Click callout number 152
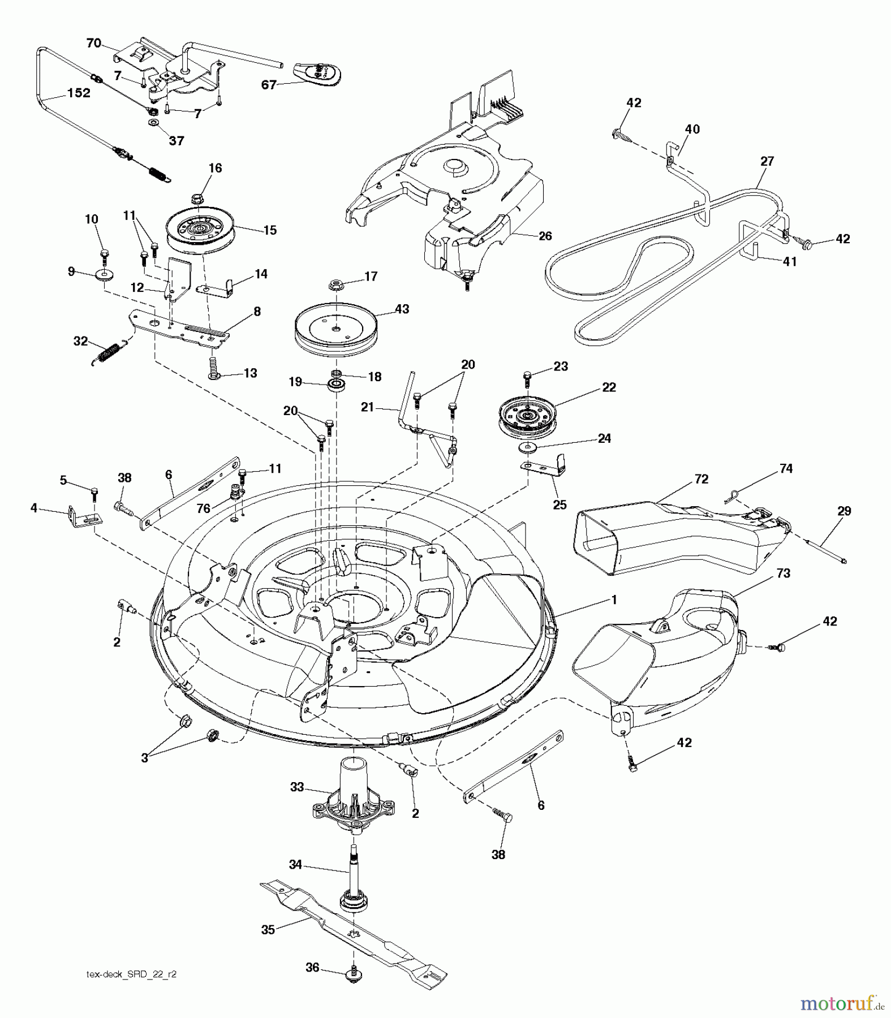point(78,93)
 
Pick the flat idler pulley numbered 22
point(527,416)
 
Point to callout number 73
point(783,573)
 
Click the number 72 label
point(701,479)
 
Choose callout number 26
point(545,236)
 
